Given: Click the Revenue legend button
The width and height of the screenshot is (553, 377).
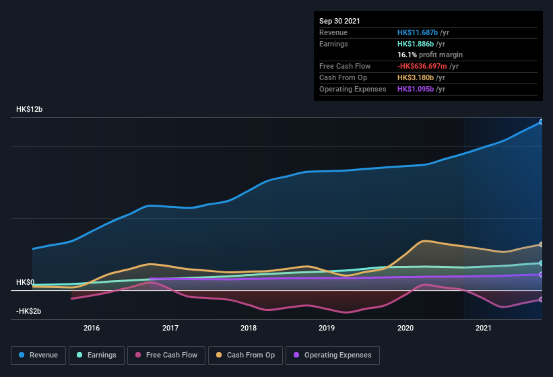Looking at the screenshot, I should click(38, 355).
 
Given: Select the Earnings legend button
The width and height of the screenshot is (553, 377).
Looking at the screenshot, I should click(96, 355).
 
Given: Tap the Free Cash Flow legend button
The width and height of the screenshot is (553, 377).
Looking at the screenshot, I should click(166, 355).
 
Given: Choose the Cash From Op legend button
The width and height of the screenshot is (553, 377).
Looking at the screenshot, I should click(246, 355).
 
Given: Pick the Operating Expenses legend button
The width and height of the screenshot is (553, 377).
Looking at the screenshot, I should click(333, 355).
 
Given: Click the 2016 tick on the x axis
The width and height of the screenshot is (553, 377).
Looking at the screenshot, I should click(92, 328).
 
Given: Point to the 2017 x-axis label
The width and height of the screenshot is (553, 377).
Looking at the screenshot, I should click(170, 328).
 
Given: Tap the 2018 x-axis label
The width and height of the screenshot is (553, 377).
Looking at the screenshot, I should click(249, 328).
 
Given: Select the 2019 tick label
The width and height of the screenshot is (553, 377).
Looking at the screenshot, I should click(327, 328).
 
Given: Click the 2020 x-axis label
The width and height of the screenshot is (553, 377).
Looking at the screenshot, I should click(405, 328).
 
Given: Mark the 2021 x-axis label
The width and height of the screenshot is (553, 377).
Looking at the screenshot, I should click(484, 328).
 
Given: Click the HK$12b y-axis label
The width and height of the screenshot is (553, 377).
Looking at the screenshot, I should click(30, 109).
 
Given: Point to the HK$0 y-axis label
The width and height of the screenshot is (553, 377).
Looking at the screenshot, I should click(25, 282).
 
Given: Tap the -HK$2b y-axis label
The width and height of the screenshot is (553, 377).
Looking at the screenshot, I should click(29, 311).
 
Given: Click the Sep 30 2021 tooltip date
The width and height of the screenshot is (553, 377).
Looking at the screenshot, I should click(339, 21).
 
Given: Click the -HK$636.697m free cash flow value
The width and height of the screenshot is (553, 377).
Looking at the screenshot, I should click(428, 66).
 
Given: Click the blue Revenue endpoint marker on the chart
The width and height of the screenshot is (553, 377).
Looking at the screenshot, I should click(541, 122).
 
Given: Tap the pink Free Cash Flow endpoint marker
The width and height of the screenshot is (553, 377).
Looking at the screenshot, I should click(541, 300).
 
